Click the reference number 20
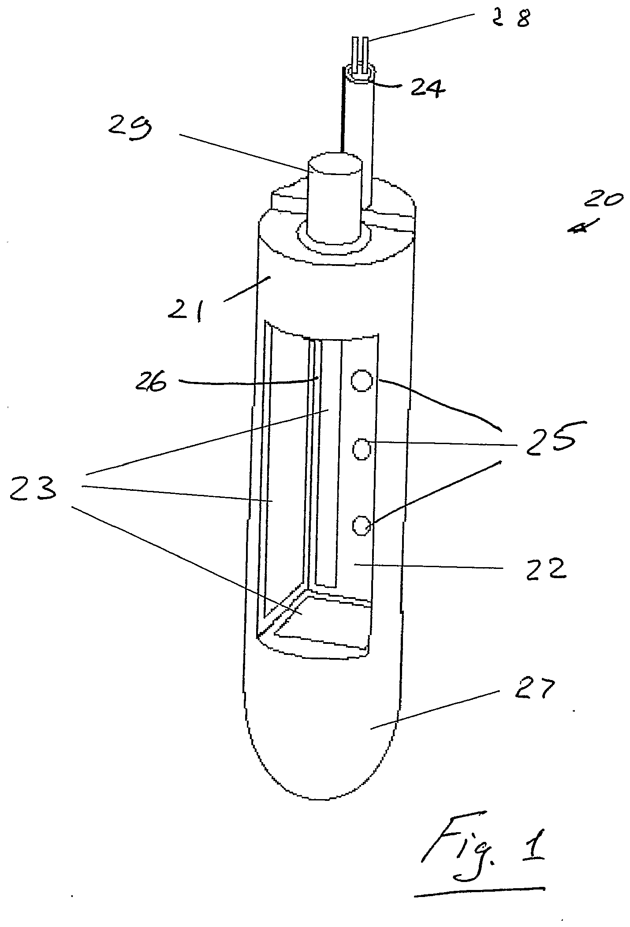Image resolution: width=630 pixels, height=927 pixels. (604, 201)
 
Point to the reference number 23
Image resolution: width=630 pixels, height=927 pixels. (34, 490)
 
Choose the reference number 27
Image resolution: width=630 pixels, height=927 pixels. (533, 690)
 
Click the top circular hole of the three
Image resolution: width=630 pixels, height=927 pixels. (362, 380)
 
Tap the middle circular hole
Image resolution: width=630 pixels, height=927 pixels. (362, 449)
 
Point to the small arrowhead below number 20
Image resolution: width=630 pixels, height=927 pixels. (578, 228)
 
